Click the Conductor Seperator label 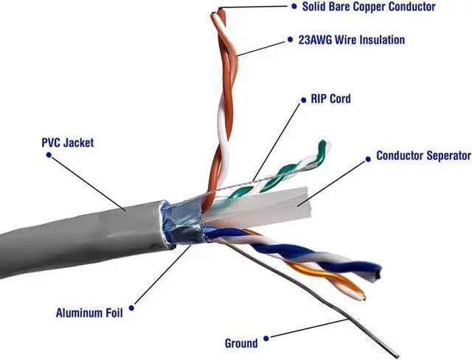[x=423, y=156]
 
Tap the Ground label [x=241, y=343]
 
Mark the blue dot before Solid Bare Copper [x=293, y=7]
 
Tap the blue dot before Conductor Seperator [x=367, y=156]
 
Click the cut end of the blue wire [x=377, y=271]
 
